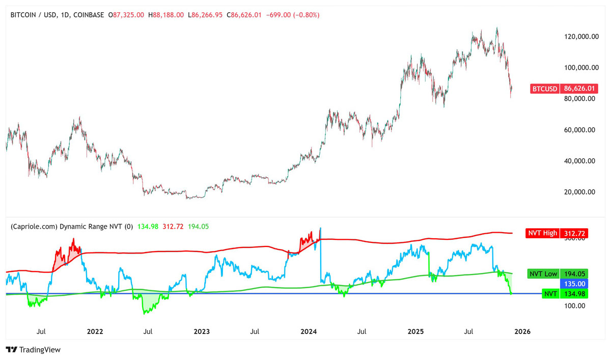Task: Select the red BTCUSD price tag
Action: pyautogui.click(x=545, y=89)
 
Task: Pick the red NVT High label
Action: pyautogui.click(x=542, y=234)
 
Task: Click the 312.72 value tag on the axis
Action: pyautogui.click(x=575, y=234)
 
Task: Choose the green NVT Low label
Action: pyautogui.click(x=543, y=273)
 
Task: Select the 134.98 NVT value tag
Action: pyautogui.click(x=575, y=294)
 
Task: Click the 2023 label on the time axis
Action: pyautogui.click(x=202, y=331)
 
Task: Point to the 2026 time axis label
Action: pyautogui.click(x=522, y=331)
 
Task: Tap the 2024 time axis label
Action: pyautogui.click(x=309, y=331)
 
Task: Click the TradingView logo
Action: pyautogui.click(x=33, y=350)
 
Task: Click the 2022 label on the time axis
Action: pyautogui.click(x=95, y=331)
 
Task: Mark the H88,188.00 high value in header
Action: pyautogui.click(x=166, y=15)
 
